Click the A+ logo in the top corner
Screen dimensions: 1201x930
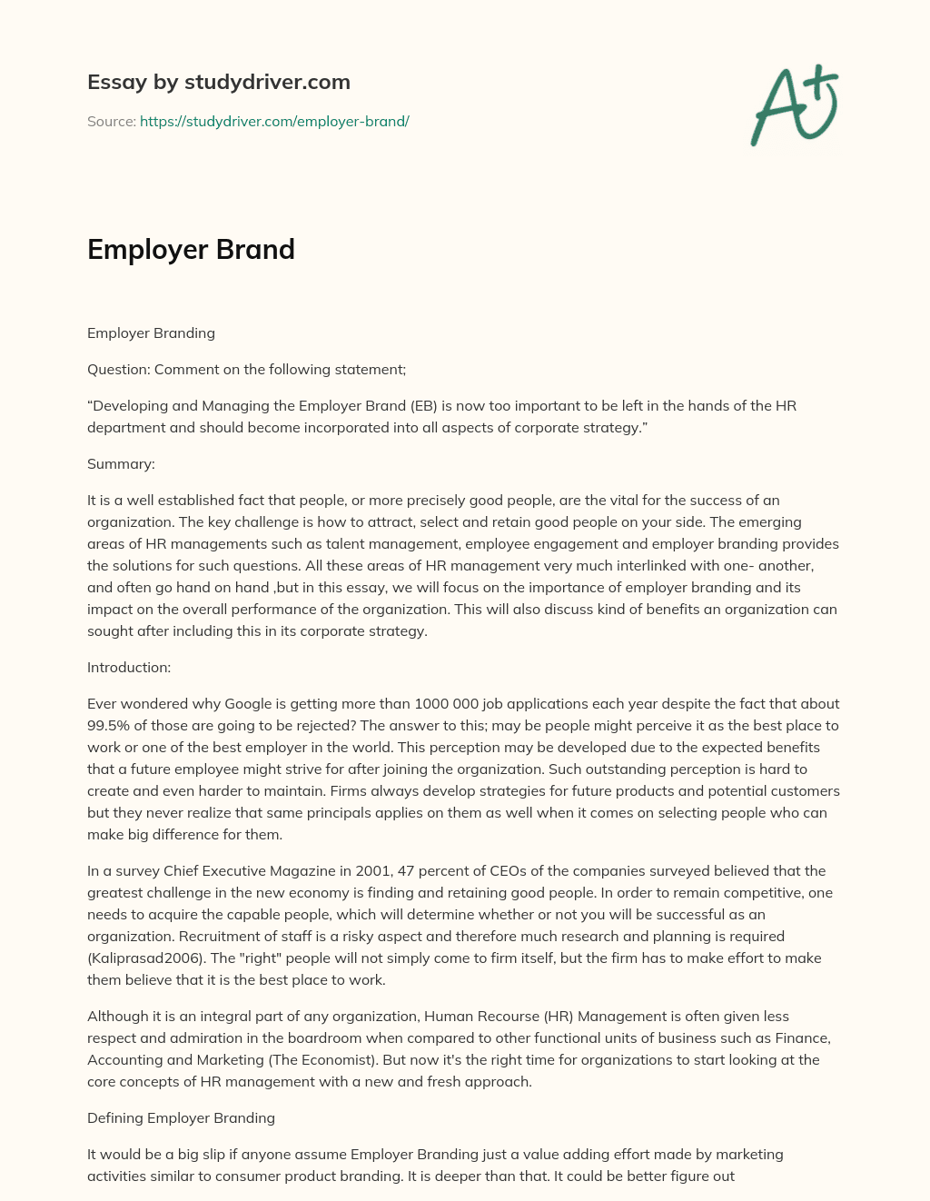click(x=795, y=105)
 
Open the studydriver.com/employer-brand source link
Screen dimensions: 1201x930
click(x=274, y=121)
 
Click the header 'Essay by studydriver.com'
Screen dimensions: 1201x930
click(x=218, y=82)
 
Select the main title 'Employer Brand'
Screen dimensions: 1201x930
click(x=191, y=250)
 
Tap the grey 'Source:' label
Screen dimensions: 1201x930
click(x=111, y=121)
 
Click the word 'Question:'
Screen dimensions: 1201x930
click(x=119, y=369)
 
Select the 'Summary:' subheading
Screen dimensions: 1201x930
click(x=121, y=463)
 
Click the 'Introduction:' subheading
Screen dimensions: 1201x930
click(x=129, y=667)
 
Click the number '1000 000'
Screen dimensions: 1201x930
click(x=447, y=703)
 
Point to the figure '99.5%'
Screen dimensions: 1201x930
click(x=108, y=725)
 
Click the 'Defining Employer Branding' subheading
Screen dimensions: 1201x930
click(x=181, y=1117)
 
